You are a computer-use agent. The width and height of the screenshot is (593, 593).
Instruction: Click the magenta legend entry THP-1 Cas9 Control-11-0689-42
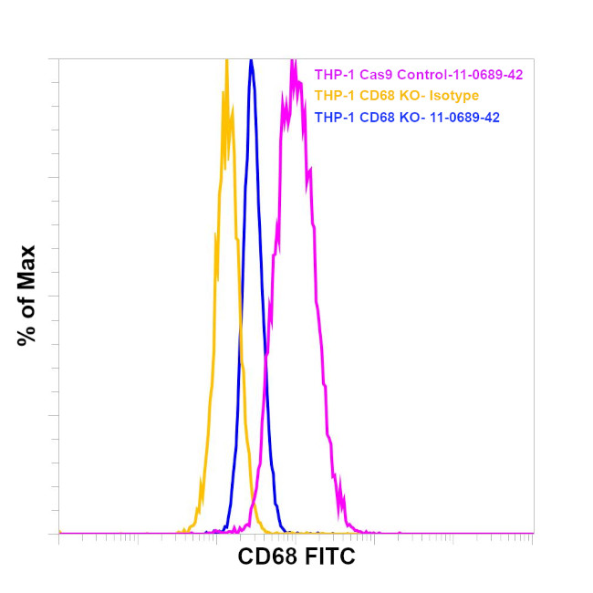(x=418, y=75)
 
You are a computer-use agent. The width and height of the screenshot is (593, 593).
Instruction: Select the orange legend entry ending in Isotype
(x=396, y=96)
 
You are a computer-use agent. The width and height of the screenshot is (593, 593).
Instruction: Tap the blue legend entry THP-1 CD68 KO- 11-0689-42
(x=406, y=117)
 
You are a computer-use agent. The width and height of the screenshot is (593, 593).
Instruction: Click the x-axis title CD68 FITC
(x=296, y=557)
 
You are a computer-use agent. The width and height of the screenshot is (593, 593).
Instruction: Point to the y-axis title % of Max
(x=26, y=295)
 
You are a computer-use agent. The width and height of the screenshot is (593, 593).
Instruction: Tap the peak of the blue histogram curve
(x=251, y=61)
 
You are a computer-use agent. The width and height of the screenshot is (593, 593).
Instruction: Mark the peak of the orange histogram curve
(x=225, y=61)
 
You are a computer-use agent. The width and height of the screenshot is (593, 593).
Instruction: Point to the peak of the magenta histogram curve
(x=292, y=61)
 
